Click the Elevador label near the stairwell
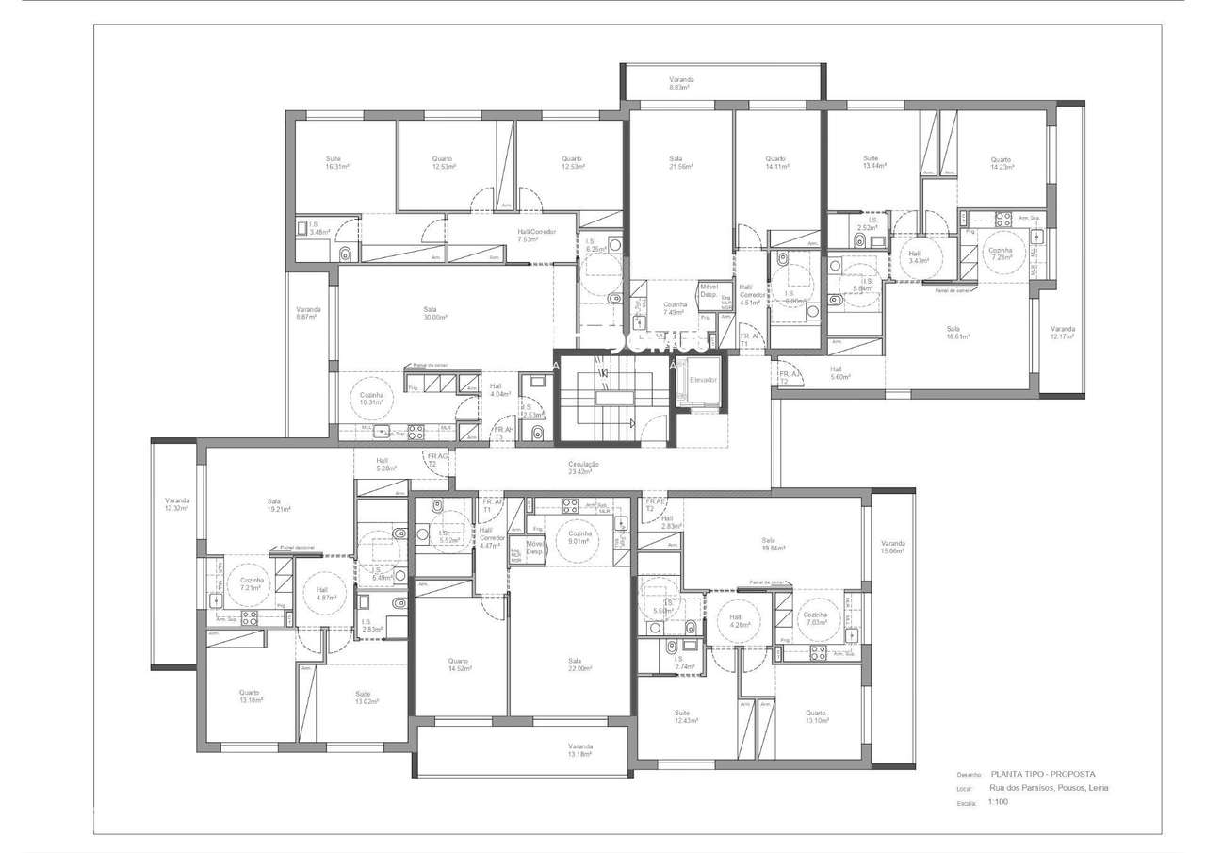[703, 379]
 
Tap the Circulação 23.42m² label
[584, 468]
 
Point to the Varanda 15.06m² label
[892, 548]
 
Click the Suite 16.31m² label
[334, 162]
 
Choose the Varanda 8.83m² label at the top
[681, 83]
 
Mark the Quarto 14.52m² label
[460, 664]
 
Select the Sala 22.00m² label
[574, 664]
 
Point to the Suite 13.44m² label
[872, 161]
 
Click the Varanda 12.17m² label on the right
[1063, 333]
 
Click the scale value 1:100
[998, 802]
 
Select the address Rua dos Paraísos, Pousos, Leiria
[1042, 788]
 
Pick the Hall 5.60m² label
[837, 373]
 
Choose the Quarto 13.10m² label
[816, 717]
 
